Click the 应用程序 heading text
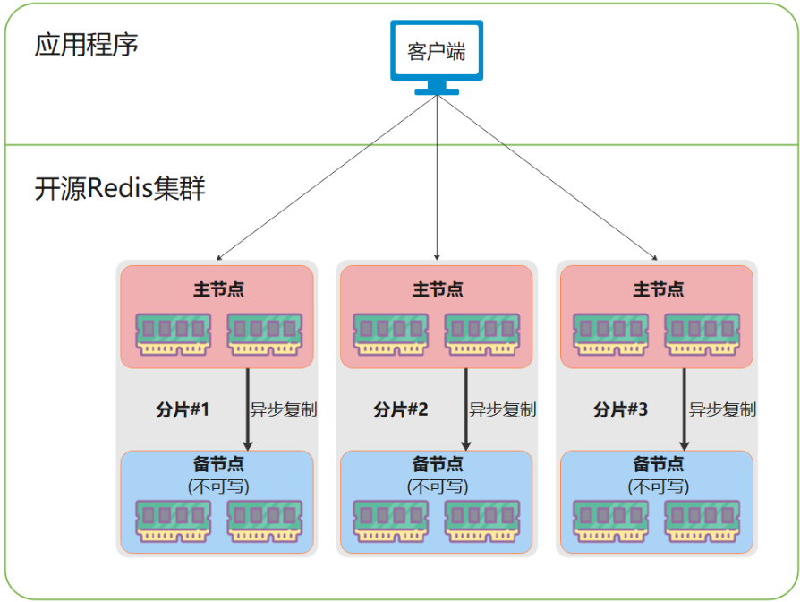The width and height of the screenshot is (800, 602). pos(87,45)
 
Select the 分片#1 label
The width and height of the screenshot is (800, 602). pos(183,410)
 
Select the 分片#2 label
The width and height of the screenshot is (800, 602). pos(401,410)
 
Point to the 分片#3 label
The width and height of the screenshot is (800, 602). pos(620,410)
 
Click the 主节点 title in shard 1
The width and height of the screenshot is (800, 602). pos(217,289)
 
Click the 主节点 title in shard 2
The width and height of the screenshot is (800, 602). pos(437,289)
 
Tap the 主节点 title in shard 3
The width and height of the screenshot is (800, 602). pos(657,289)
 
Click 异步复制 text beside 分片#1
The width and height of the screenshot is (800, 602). pos(284,409)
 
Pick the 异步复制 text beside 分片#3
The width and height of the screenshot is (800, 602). pos(722,409)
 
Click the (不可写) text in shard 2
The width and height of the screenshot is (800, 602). pos(437,486)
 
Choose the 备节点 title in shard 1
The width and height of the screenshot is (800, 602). pos(217,464)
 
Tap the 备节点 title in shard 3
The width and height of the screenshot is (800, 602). pos(657,464)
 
